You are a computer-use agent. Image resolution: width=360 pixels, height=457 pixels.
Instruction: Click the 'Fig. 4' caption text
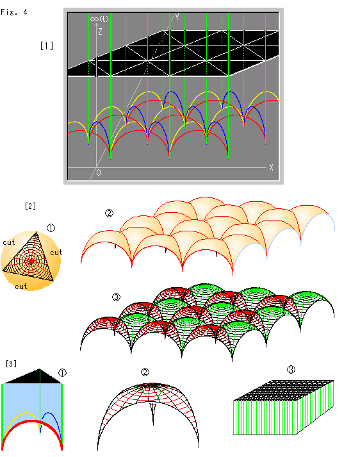click(14, 12)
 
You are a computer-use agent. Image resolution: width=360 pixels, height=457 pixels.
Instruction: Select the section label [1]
click(47, 46)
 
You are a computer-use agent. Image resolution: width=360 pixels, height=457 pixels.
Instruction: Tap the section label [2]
click(30, 206)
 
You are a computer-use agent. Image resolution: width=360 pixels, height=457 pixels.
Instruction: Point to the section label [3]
click(11, 363)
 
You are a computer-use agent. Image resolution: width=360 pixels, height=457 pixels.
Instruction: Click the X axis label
click(271, 167)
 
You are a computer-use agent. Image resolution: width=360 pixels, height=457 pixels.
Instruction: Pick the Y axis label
click(177, 17)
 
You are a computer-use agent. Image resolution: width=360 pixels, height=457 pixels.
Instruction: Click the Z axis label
click(100, 31)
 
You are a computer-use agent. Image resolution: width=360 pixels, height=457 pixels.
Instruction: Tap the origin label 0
click(99, 172)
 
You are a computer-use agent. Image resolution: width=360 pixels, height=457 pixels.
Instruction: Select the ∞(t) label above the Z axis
click(99, 19)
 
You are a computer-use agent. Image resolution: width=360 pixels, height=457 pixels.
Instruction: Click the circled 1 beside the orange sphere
click(51, 228)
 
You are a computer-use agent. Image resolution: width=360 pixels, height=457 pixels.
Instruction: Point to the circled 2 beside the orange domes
click(109, 213)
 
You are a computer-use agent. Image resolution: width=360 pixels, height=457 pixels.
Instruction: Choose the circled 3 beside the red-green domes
click(116, 297)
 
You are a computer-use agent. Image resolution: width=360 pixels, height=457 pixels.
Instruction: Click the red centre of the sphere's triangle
click(31, 262)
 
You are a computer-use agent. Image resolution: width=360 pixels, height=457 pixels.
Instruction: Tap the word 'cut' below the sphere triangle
click(21, 287)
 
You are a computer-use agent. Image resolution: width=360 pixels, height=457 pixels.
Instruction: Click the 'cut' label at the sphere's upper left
click(9, 242)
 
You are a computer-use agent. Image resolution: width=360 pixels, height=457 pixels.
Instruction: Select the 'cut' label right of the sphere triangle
click(56, 253)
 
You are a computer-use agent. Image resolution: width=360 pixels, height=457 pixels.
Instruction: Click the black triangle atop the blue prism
click(33, 378)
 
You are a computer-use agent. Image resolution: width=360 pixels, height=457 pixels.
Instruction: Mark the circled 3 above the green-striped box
click(291, 370)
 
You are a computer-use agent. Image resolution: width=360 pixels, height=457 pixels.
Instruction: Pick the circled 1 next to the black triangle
click(62, 373)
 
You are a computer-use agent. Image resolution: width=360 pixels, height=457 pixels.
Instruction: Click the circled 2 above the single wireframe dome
click(145, 372)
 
